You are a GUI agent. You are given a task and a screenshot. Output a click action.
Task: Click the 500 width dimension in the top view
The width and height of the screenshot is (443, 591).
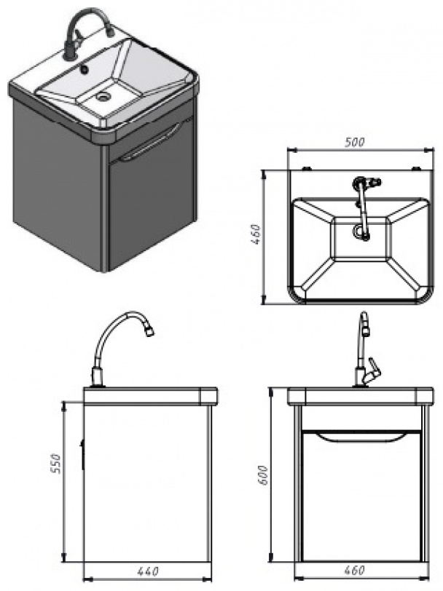pyautogui.click(x=355, y=142)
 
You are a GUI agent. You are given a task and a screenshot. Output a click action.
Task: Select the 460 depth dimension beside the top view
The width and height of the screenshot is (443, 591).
pyautogui.click(x=256, y=234)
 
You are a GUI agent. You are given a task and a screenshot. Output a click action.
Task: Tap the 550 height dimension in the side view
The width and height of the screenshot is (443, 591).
pyautogui.click(x=55, y=463)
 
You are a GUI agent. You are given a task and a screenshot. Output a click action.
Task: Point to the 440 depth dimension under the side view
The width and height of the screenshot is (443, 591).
pyautogui.click(x=148, y=571)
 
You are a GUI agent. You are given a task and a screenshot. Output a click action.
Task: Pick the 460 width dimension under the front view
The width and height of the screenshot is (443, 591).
pyautogui.click(x=355, y=570)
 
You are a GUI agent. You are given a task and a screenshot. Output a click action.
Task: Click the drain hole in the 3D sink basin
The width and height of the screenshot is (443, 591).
pyautogui.click(x=102, y=97)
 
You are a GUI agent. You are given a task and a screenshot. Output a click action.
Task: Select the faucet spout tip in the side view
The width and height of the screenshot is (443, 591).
pyautogui.click(x=149, y=331)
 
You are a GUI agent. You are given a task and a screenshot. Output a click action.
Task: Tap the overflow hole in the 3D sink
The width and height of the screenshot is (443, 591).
pyautogui.click(x=85, y=70)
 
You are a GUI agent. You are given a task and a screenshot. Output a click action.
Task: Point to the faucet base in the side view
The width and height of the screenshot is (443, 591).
pyautogui.click(x=98, y=378)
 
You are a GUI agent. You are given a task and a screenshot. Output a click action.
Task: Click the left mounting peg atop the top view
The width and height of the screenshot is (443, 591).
pyautogui.click(x=307, y=168)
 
